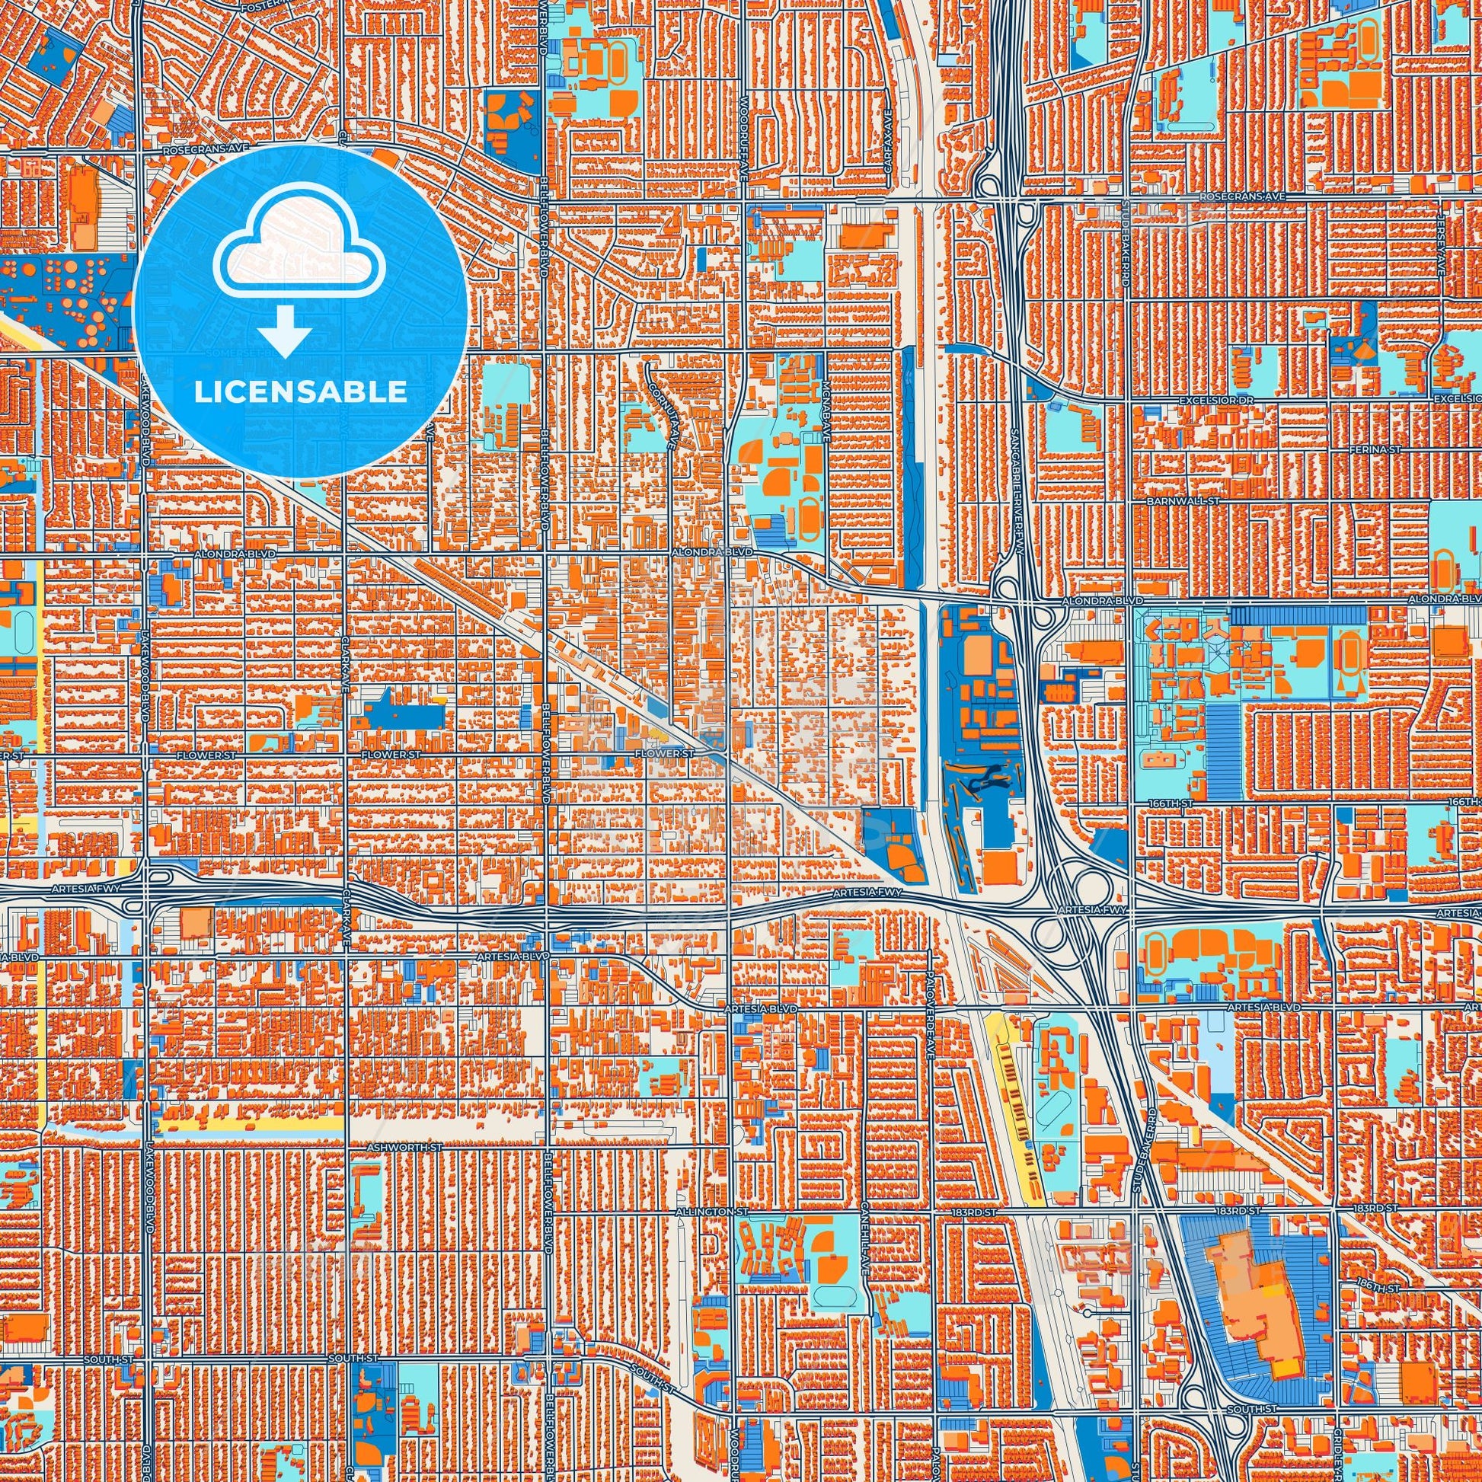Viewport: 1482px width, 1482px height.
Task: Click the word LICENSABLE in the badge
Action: (x=300, y=392)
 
